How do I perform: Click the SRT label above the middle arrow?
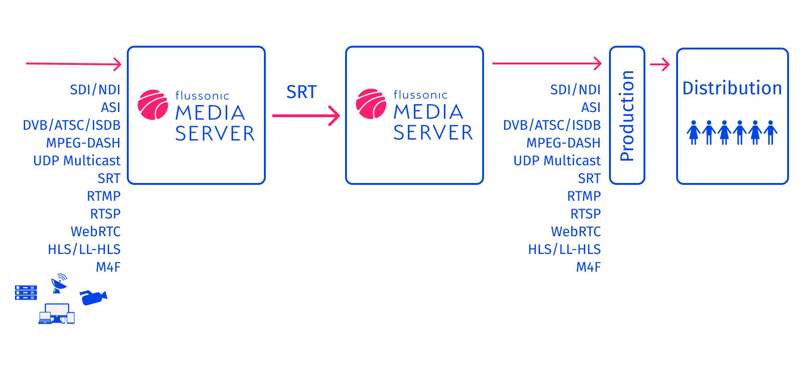pyautogui.click(x=301, y=92)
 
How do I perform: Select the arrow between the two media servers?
pyautogui.click(x=306, y=115)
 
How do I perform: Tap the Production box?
pyautogui.click(x=627, y=115)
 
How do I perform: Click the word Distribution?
pyautogui.click(x=732, y=88)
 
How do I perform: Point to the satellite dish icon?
pyautogui.click(x=59, y=283)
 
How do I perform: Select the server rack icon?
pyautogui.click(x=26, y=293)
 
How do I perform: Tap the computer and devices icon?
pyautogui.click(x=56, y=314)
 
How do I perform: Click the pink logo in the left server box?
pyautogui.click(x=153, y=105)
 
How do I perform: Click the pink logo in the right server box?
pyautogui.click(x=371, y=104)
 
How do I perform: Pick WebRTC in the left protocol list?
pyautogui.click(x=96, y=232)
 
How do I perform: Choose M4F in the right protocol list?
pyautogui.click(x=588, y=267)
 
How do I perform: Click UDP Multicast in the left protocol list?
pyautogui.click(x=77, y=161)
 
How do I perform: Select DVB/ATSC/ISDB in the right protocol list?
pyautogui.click(x=552, y=125)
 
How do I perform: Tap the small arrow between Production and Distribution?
pyautogui.click(x=660, y=64)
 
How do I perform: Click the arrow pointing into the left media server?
pyautogui.click(x=74, y=64)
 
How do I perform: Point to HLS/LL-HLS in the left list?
pyautogui.click(x=84, y=249)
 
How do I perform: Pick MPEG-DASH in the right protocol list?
pyautogui.click(x=563, y=143)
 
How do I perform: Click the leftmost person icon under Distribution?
pyautogui.click(x=693, y=133)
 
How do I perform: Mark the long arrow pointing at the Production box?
pyautogui.click(x=547, y=63)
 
